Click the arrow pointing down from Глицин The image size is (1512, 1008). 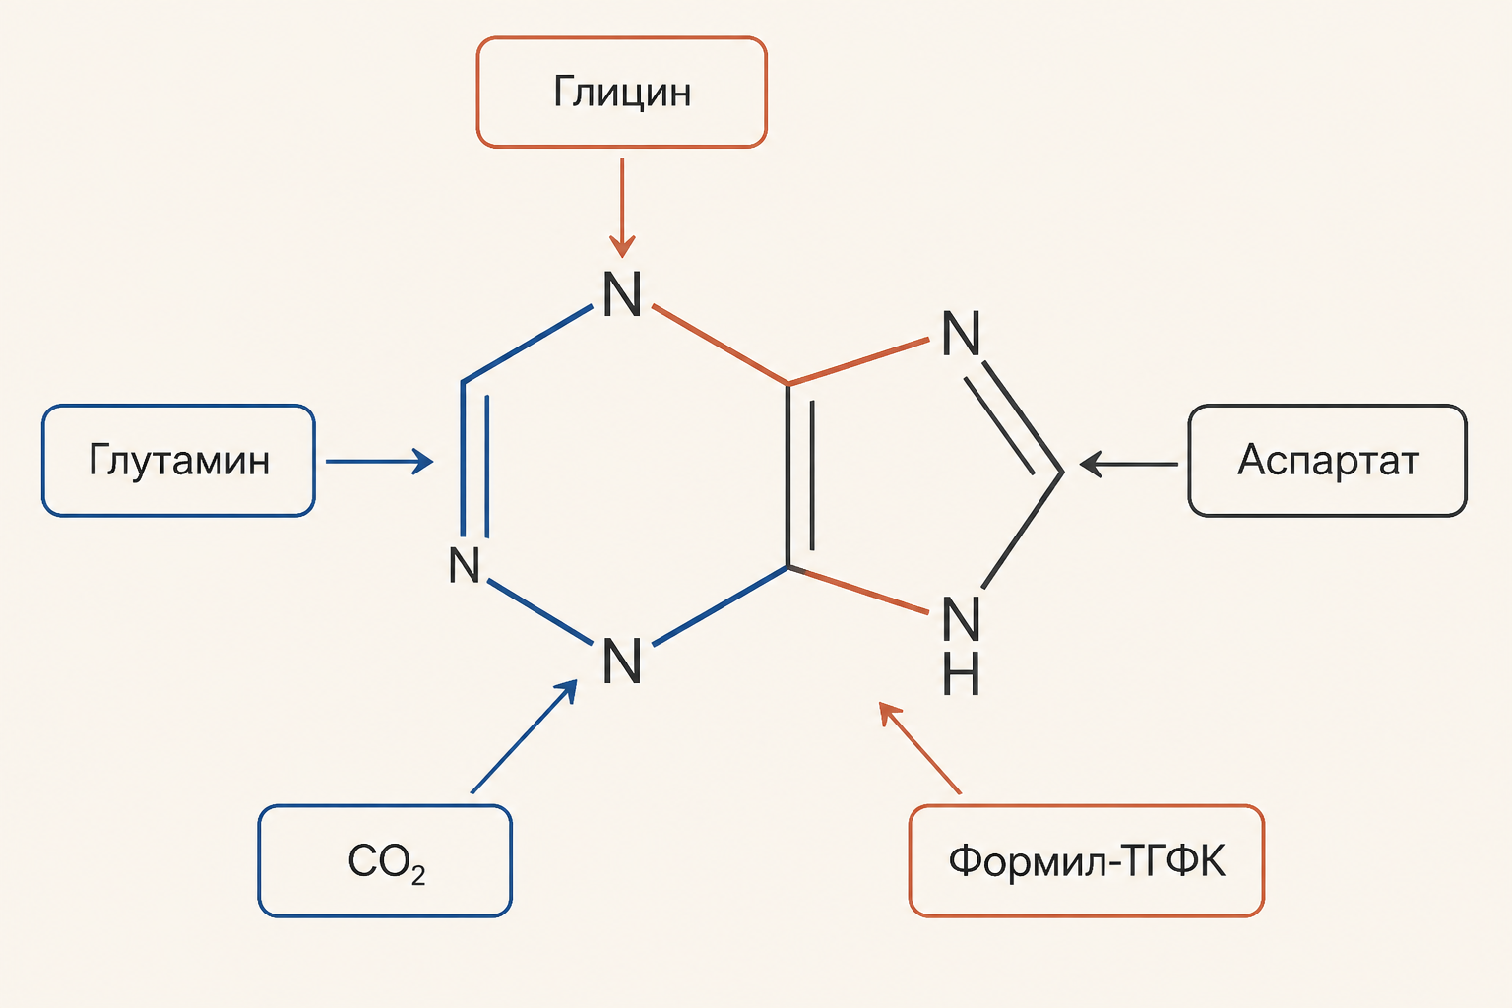622,208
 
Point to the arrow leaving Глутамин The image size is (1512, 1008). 379,462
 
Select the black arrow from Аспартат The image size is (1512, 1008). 1129,465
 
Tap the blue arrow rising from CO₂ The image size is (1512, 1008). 525,736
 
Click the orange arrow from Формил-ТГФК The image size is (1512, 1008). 919,748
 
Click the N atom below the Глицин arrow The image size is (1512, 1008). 622,294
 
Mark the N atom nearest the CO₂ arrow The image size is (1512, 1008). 622,661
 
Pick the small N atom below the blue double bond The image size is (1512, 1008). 465,564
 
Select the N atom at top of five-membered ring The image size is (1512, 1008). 961,334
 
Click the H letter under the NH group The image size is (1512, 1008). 961,673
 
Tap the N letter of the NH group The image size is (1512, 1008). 961,618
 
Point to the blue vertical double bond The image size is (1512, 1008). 474,459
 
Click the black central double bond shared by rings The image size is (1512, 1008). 800,475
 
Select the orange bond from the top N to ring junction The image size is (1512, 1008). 721,345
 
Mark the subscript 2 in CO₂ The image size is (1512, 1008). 417,876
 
